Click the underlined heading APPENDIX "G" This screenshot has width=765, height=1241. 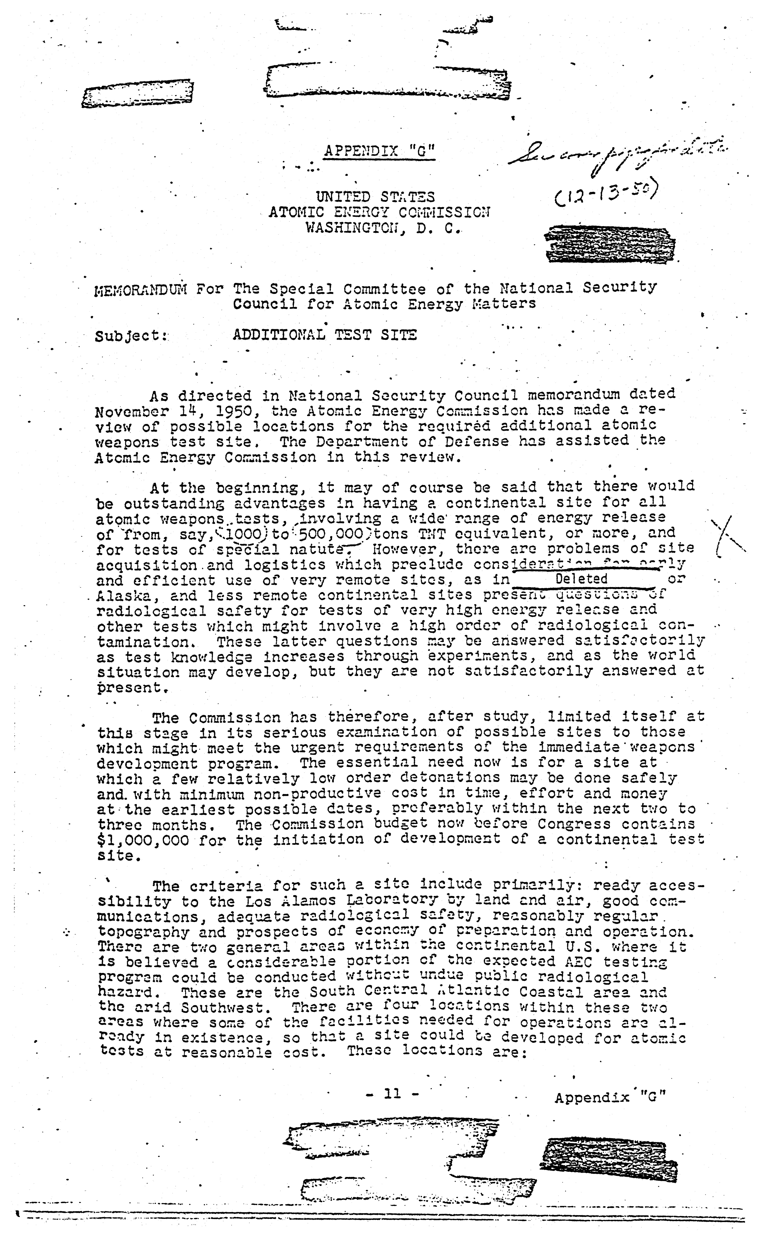(379, 151)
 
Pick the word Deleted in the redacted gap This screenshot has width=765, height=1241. (581, 578)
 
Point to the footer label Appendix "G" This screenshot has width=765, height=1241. (610, 1097)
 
